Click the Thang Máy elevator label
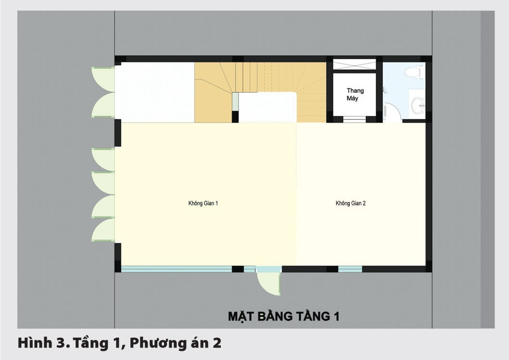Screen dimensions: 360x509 [355, 94]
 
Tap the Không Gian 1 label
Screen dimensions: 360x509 [203, 203]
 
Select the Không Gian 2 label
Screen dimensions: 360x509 [350, 203]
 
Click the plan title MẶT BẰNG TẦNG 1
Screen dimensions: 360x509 [283, 316]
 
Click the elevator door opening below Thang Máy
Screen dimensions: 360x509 [355, 118]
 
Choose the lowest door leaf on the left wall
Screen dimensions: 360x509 [102, 230]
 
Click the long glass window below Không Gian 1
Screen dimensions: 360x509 [177, 269]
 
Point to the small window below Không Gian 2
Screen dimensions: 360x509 [350, 269]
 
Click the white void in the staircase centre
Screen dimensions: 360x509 [267, 107]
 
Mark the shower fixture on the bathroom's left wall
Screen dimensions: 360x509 [385, 90]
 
